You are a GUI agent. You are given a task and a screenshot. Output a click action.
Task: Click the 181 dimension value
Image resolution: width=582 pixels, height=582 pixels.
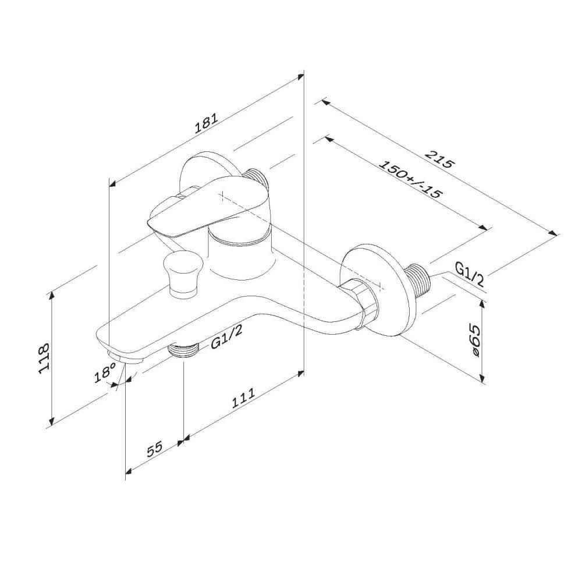pyautogui.click(x=207, y=123)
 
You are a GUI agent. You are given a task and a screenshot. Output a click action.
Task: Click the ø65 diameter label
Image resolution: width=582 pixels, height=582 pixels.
pyautogui.click(x=474, y=339)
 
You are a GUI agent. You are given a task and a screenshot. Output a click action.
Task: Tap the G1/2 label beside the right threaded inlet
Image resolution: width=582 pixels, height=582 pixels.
pyautogui.click(x=469, y=273)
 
